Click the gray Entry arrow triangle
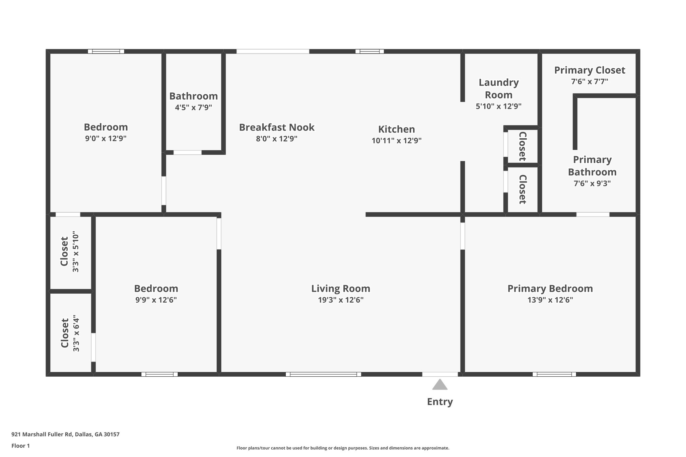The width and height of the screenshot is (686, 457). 439,385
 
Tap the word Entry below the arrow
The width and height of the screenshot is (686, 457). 439,401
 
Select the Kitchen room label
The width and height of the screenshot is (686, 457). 396,129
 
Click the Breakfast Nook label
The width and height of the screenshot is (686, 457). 276,127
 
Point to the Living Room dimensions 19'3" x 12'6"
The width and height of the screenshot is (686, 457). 341,300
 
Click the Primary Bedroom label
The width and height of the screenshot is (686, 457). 550,288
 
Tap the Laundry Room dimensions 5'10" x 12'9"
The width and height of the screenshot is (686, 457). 498,106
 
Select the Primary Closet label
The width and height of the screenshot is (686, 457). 590,70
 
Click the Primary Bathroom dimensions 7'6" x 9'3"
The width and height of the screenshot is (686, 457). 592,183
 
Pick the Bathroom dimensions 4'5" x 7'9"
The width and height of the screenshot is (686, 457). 193,107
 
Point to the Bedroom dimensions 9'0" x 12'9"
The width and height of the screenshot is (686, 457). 106,138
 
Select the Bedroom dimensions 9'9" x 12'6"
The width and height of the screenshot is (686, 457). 156,300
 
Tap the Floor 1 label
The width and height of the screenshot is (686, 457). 20,446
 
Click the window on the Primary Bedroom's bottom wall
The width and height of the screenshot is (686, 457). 554,374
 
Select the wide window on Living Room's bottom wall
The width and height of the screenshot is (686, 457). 323,374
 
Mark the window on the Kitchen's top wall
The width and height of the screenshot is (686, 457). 369,52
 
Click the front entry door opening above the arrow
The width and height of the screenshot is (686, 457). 439,374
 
